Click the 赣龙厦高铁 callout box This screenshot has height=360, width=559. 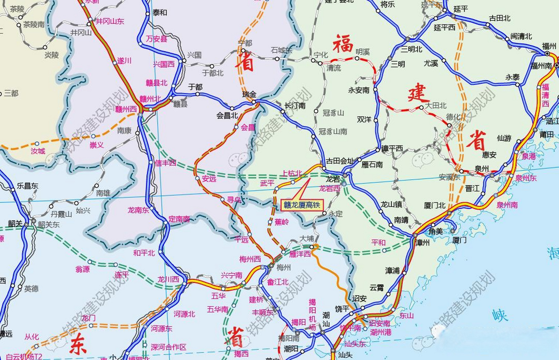(x=302, y=205)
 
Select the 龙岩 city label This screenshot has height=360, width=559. (x=333, y=179)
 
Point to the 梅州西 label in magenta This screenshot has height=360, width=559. (x=250, y=259)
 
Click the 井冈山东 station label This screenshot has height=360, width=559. (x=110, y=21)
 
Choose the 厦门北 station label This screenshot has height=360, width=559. (x=435, y=206)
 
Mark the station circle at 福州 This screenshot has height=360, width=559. (x=547, y=53)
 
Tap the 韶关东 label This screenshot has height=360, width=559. (x=49, y=225)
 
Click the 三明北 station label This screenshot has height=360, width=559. (x=412, y=49)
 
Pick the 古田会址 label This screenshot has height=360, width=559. (x=340, y=161)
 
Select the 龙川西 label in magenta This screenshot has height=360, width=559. (x=168, y=279)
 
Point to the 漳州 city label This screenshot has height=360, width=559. (x=422, y=242)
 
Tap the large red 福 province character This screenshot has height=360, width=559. (x=343, y=44)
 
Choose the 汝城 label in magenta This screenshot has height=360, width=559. (x=38, y=151)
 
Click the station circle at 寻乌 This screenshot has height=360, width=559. (x=222, y=199)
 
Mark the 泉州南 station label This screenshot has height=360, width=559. (x=507, y=205)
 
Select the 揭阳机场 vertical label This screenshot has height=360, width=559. (x=312, y=314)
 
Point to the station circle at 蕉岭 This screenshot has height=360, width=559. (x=270, y=222)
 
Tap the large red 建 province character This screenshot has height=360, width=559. (x=418, y=93)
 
